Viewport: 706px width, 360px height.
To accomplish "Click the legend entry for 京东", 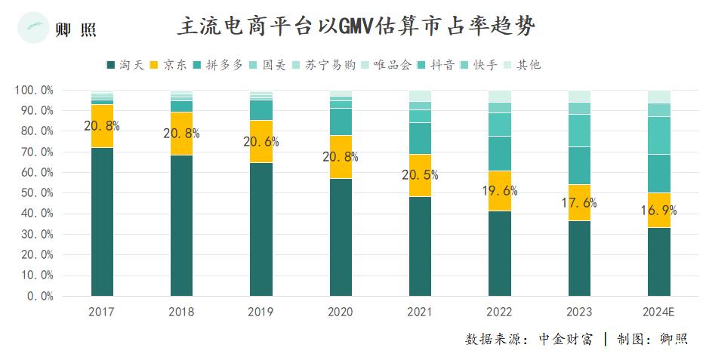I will [x=170, y=65].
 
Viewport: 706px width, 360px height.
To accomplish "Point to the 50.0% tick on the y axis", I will [x=35, y=193].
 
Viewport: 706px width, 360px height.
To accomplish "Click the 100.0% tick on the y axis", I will [x=34, y=90].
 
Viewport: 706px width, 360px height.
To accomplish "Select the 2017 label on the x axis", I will [x=102, y=312].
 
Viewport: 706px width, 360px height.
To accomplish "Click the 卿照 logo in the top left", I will [x=57, y=29].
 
